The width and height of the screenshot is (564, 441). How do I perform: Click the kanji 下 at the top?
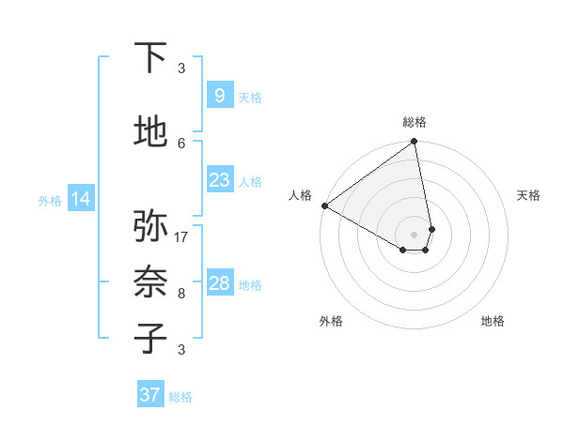tap(152, 58)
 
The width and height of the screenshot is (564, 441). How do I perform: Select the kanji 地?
tap(152, 132)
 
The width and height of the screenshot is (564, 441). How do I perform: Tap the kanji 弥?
tap(152, 226)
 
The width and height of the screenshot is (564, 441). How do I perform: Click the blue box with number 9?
tap(219, 95)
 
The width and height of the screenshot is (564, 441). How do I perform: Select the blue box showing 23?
tap(219, 179)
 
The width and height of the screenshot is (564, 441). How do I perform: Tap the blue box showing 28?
tap(219, 283)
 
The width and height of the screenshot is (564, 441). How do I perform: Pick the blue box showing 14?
tap(80, 199)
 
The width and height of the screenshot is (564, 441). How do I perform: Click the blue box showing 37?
tap(149, 395)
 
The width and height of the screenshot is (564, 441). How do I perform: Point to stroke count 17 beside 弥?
tap(181, 236)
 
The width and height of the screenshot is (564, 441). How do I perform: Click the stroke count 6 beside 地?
tap(181, 143)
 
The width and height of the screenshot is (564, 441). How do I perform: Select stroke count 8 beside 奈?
tap(181, 294)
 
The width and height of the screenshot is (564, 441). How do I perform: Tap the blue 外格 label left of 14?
tap(49, 200)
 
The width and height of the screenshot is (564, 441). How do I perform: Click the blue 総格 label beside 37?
tap(180, 397)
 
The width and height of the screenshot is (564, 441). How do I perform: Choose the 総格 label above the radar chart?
tap(414, 122)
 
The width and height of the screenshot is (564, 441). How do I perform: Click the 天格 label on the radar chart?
tap(528, 195)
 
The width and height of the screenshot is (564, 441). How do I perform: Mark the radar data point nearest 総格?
tap(414, 143)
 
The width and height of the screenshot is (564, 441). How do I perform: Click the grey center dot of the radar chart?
tap(414, 234)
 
